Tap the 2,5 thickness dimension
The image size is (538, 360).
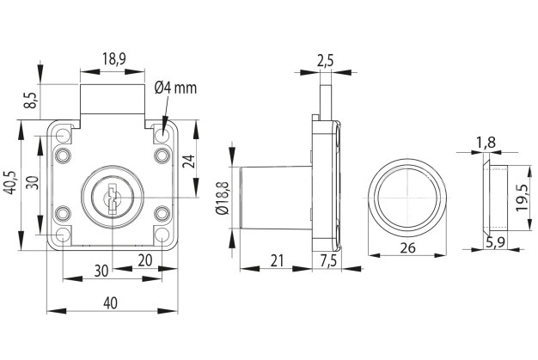point(326,59)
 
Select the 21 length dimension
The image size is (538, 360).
point(275,260)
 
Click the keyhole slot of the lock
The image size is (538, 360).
point(111,200)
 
